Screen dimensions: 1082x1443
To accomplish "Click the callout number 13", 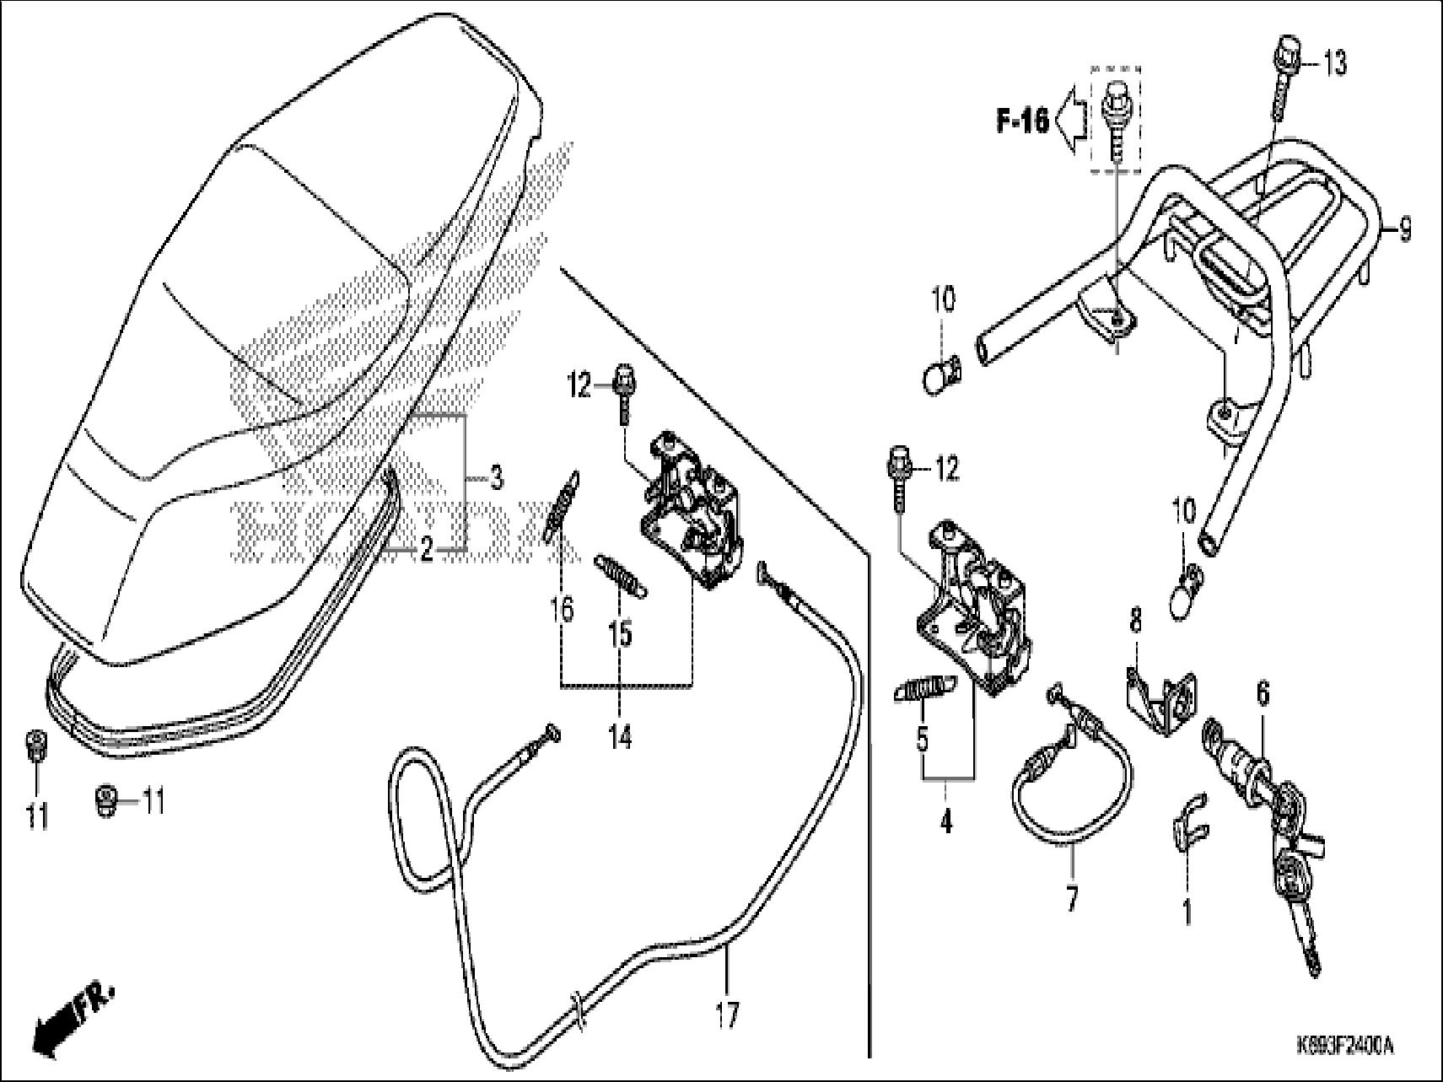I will pyautogui.click(x=1334, y=64).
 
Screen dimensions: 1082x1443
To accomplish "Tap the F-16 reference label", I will pyautogui.click(x=1022, y=121).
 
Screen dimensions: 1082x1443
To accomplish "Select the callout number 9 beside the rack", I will pyautogui.click(x=1403, y=229).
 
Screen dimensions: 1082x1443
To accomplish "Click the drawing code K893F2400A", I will pyautogui.click(x=1344, y=1047).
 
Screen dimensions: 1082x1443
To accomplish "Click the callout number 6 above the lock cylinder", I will pyautogui.click(x=1263, y=695).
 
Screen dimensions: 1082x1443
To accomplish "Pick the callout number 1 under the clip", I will pyautogui.click(x=1187, y=912).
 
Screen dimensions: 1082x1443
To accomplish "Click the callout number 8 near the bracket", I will pyautogui.click(x=1136, y=622).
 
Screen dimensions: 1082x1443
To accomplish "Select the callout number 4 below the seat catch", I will pyautogui.click(x=946, y=820).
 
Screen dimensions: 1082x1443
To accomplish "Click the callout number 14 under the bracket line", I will pyautogui.click(x=620, y=738).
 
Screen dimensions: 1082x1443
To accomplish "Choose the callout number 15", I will pyautogui.click(x=620, y=633).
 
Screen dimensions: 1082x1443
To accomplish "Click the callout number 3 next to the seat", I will pyautogui.click(x=497, y=479).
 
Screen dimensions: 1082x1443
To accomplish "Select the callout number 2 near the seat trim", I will pyautogui.click(x=427, y=552).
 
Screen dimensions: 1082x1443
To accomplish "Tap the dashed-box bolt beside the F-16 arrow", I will pyautogui.click(x=1115, y=118).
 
